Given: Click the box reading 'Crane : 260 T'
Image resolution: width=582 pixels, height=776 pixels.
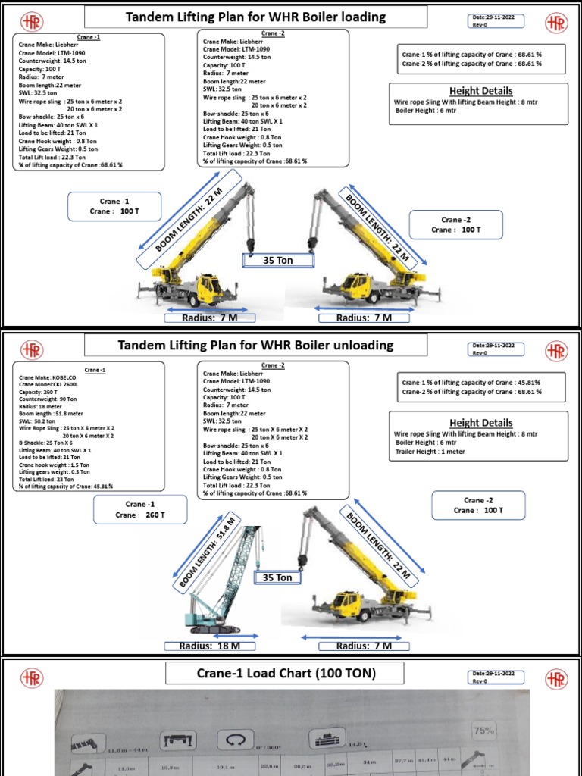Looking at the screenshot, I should tap(139, 510).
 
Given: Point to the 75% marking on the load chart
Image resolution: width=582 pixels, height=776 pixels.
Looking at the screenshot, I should tap(483, 731).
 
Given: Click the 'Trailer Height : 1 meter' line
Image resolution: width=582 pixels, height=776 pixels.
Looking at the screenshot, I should tap(430, 452).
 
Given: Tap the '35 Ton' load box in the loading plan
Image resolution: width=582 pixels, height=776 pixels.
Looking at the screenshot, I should tap(277, 261).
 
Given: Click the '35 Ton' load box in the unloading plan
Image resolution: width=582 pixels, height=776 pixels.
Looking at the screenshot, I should tap(277, 577).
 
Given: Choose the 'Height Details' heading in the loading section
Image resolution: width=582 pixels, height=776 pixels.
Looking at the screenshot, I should tap(480, 91).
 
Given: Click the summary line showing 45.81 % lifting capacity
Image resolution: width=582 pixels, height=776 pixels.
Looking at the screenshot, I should tap(471, 383).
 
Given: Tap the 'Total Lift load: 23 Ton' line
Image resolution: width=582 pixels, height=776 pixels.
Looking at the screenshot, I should tap(48, 480).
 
